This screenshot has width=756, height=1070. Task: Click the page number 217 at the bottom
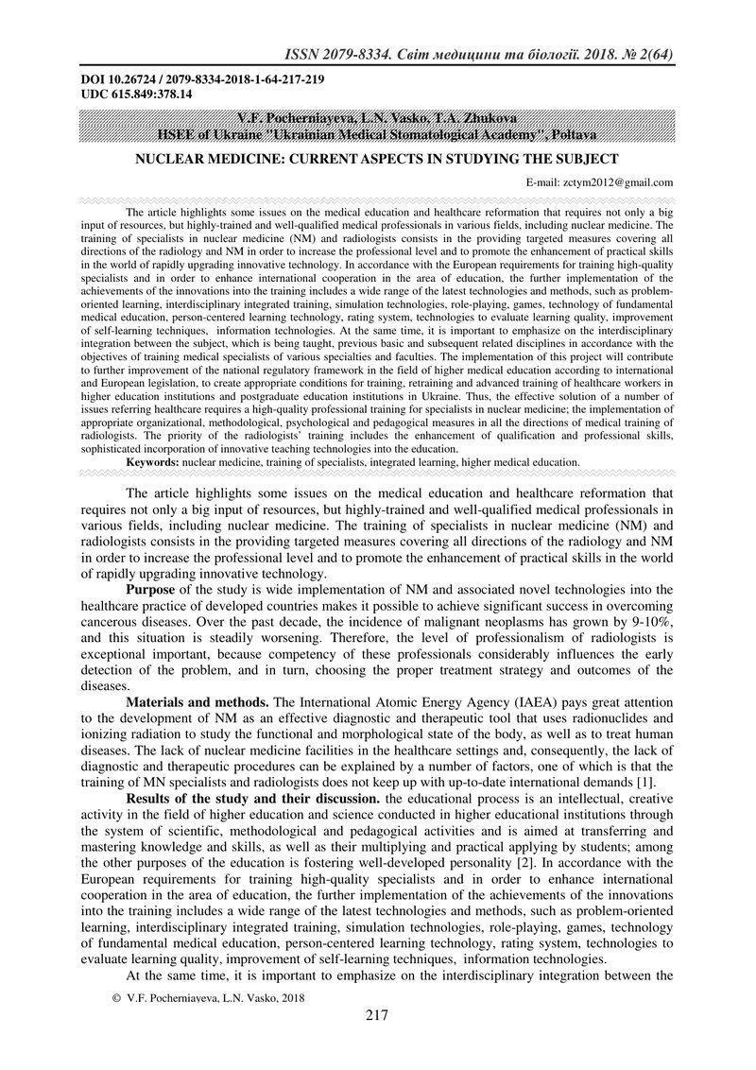377,1016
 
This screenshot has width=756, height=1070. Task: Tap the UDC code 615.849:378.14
137,95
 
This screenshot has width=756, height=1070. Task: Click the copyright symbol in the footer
117,997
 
